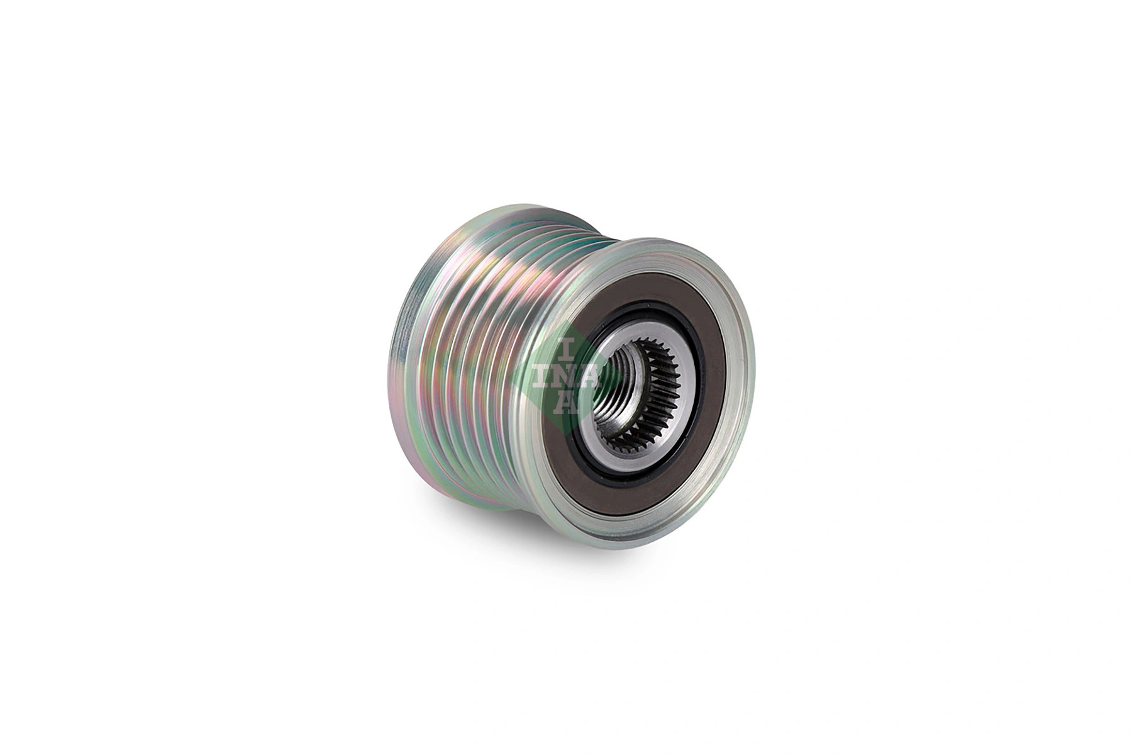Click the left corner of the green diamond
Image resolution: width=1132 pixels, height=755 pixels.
coord(511,377)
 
